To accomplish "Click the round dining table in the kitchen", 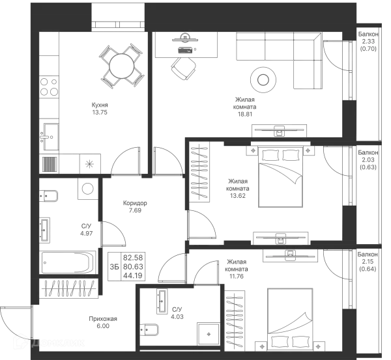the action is point(122,66).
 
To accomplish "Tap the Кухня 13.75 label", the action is point(100,109).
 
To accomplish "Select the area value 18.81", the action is point(246,114).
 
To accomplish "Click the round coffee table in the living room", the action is point(263,80).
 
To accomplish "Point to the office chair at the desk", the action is point(183,68).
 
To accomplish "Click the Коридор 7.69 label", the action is point(135,207).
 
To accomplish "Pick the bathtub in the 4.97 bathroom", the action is point(68,262).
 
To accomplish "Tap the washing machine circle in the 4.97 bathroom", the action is point(87,189).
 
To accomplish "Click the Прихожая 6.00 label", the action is point(103,322).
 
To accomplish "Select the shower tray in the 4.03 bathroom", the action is point(209,334).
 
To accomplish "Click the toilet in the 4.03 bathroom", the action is point(149,330).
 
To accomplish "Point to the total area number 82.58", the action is point(133,258).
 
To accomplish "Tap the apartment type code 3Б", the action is point(114,267).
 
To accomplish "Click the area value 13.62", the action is point(238,196).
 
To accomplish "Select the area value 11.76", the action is point(237,277).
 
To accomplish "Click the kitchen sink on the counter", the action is point(49,137).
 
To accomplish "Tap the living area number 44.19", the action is point(133,275).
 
